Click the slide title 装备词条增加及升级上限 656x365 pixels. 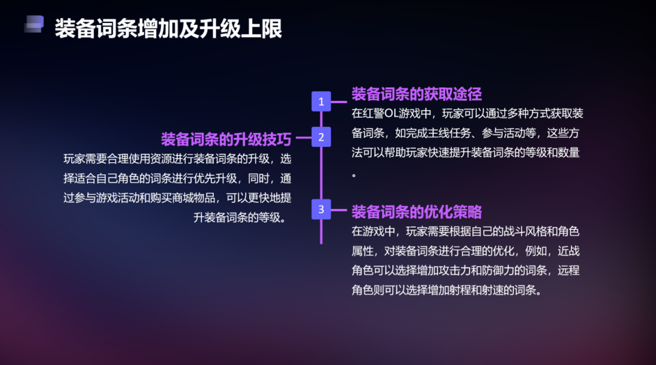click(168, 29)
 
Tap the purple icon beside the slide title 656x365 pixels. click(34, 24)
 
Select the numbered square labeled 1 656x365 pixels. click(321, 101)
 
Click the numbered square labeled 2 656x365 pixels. click(321, 137)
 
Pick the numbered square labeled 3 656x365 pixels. click(321, 209)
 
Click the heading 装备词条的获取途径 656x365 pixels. click(417, 94)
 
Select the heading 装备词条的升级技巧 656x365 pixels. click(226, 139)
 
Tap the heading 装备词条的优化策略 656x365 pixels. click(417, 212)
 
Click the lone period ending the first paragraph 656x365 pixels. click(354, 176)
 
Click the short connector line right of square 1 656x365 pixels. click(339, 101)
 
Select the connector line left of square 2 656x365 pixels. click(304, 137)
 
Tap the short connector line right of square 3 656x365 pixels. click(339, 210)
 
